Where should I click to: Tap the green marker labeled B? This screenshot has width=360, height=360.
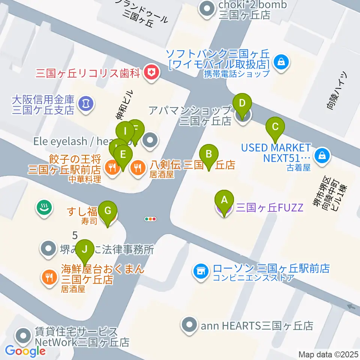[209, 154]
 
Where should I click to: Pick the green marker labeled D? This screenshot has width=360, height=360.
[242, 103]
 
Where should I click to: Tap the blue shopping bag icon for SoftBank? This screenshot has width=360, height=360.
[281, 61]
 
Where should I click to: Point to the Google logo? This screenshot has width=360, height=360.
[25, 351]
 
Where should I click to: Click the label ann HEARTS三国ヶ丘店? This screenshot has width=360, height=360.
[256, 325]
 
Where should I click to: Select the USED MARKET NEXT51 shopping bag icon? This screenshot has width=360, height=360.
[322, 154]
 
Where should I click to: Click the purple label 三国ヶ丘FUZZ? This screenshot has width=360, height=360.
[269, 207]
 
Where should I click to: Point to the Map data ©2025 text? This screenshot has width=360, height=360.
[328, 354]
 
